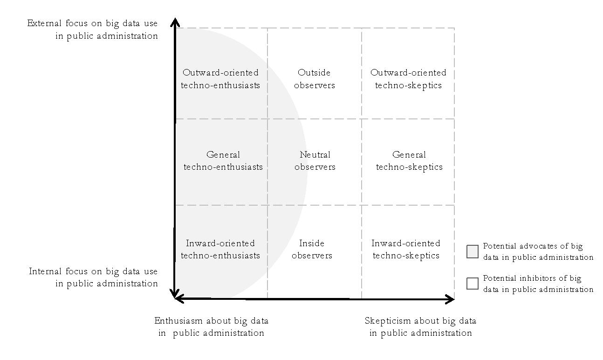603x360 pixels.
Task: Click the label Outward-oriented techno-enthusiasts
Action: [220, 79]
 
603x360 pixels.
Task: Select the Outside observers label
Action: [315, 79]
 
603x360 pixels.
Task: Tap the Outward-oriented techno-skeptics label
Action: [408, 79]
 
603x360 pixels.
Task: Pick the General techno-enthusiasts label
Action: [223, 160]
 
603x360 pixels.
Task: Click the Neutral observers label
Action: [315, 160]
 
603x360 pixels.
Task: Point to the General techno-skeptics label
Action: [409, 160]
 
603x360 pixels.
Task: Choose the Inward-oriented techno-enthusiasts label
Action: [220, 249]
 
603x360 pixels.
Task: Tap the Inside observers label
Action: [312, 249]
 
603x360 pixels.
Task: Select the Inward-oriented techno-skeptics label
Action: [406, 249]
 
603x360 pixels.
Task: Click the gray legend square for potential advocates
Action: [473, 252]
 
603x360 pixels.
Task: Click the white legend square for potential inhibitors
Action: [473, 284]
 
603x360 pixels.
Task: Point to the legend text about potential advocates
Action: [538, 251]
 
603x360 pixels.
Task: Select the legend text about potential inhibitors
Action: [538, 284]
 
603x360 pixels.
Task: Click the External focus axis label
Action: [93, 29]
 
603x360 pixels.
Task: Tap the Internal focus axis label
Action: [94, 277]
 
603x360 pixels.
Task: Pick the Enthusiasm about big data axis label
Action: [211, 326]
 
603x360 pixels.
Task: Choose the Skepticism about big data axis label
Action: [420, 326]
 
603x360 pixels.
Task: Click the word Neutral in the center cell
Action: [315, 154]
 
